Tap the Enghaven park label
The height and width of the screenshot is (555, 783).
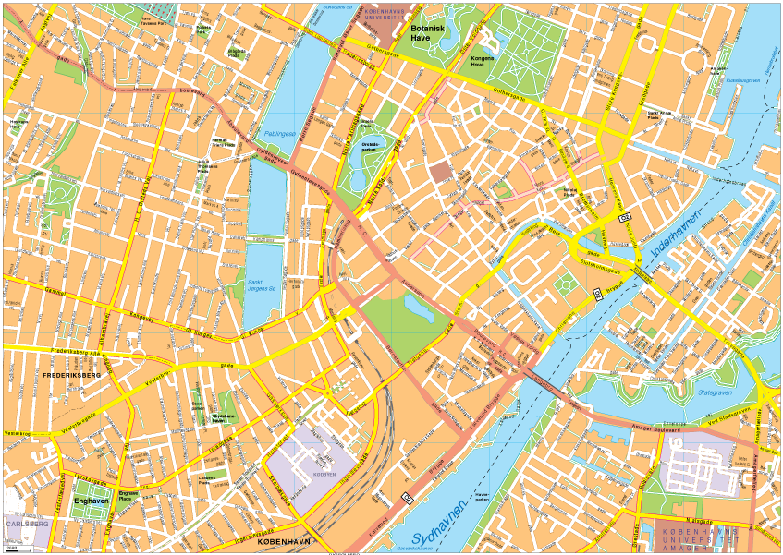[92, 501]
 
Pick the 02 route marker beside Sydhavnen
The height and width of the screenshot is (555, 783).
[407, 499]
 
